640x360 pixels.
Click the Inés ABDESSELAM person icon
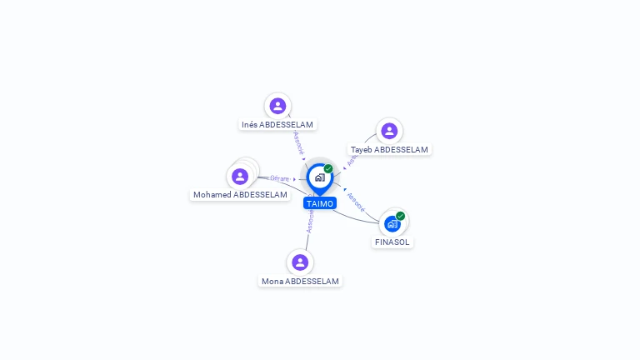277,106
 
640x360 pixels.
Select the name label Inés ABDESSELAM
277,125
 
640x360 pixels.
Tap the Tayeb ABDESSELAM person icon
389,131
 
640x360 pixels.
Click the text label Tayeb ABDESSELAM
389,150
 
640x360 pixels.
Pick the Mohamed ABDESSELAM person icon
240,177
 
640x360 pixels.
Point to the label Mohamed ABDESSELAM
240,195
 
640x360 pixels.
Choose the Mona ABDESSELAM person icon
300,262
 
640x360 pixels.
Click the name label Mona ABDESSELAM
300,282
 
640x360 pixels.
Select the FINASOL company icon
392,224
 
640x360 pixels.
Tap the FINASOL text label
392,242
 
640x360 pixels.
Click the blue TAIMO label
320,203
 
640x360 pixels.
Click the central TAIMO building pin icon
319,177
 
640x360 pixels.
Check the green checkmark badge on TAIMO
328,169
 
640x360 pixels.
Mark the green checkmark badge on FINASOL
401,216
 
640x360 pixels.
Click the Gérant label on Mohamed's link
279,178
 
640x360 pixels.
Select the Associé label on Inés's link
298,142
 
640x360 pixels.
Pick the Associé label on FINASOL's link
355,202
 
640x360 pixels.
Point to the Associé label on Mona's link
310,222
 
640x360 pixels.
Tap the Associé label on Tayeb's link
352,159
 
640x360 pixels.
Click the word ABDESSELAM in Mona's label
312,282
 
